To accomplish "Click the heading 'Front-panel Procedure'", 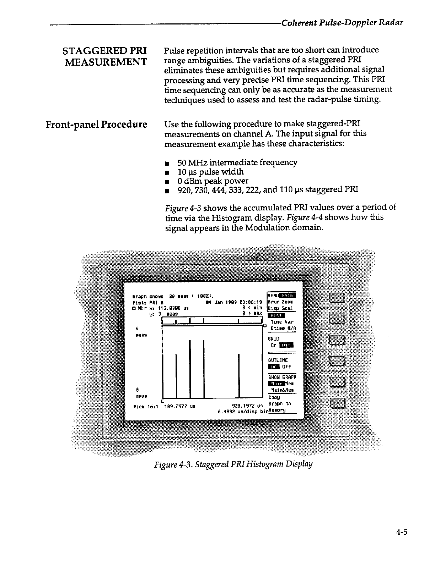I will [x=96, y=125].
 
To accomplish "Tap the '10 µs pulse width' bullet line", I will [x=211, y=172].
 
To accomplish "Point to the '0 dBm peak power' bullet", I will [x=213, y=181].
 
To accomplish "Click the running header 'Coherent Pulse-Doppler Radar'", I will [x=342, y=23].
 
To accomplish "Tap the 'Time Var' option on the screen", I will [x=282, y=322].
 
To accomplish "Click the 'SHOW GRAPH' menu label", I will [x=282, y=377].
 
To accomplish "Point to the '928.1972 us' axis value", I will [x=247, y=406].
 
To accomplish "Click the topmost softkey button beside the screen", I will [x=337, y=297].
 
